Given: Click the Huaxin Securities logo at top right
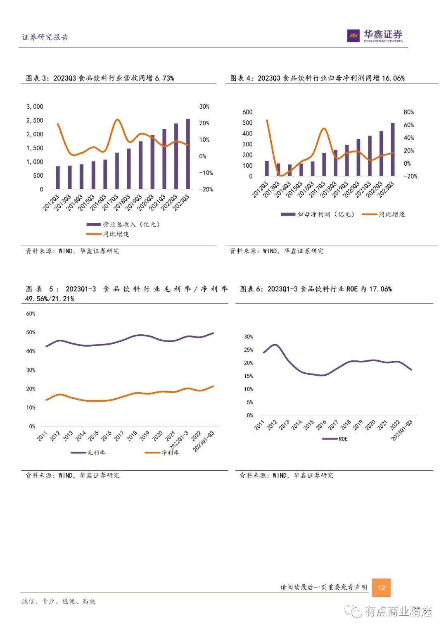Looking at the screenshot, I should coord(375,36).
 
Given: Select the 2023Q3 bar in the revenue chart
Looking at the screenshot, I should coord(188,154).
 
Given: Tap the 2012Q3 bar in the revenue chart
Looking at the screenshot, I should coord(58,177).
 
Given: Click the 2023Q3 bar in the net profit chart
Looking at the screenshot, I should coord(393,149).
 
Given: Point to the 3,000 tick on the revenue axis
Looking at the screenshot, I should coord(35,107).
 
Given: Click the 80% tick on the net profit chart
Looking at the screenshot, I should coord(408,112).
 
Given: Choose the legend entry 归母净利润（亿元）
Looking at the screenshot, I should coord(325,214).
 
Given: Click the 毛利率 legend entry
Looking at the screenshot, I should coord(96,452).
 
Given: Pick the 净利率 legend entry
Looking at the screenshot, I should coord(170,452).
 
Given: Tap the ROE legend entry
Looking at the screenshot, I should coord(343,439).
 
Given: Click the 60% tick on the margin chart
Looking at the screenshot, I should coord(31,314).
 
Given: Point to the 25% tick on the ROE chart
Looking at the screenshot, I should coord(248,350).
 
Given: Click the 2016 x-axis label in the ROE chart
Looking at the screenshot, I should coord(321,425).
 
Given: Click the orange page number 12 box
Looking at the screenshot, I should coord(381,587).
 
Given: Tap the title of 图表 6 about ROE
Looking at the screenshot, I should coord(316,289).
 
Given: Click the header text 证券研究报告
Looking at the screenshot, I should coord(45,37).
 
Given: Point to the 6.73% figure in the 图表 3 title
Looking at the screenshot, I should coord(164,78).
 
